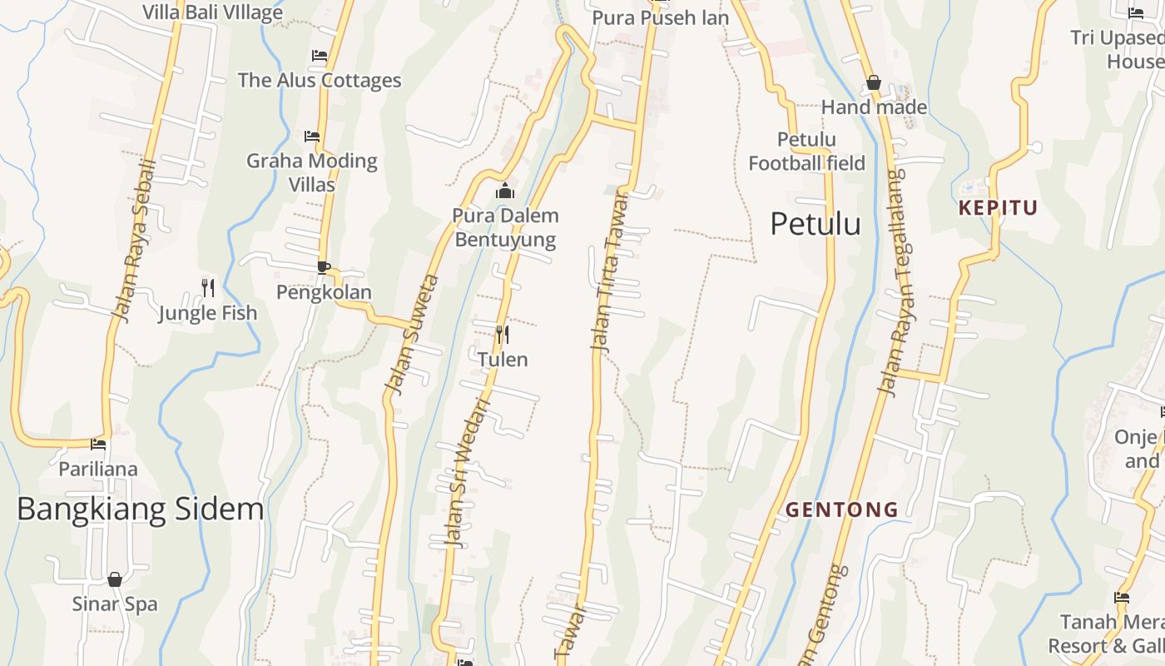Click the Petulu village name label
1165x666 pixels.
click(815, 224)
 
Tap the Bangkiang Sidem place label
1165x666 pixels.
click(140, 509)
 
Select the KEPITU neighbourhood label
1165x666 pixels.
click(998, 208)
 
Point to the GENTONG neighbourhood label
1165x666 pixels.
click(842, 509)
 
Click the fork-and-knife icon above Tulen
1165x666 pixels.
click(502, 335)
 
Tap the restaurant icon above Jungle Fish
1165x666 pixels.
click(208, 288)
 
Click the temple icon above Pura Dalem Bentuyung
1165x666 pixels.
click(504, 191)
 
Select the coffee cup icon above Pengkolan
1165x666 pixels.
click(323, 267)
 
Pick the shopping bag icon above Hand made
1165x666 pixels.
click(874, 82)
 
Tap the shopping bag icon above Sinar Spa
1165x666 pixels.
click(115, 579)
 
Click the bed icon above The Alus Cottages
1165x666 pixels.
click(320, 56)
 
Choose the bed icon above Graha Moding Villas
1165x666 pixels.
click(312, 136)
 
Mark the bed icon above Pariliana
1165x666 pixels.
click(98, 444)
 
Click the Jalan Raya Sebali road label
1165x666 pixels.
click(135, 241)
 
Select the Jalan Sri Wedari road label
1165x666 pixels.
click(468, 472)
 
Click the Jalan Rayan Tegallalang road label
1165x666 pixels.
click(895, 283)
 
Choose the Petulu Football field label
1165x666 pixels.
click(806, 152)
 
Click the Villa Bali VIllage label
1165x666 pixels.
click(213, 12)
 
